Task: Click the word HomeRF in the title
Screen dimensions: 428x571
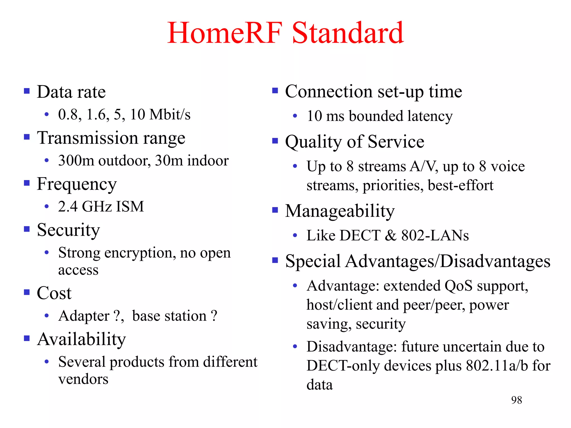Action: pyautogui.click(x=225, y=33)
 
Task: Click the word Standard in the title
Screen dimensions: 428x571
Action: pyautogui.click(x=348, y=33)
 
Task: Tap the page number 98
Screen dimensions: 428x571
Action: pyautogui.click(x=516, y=400)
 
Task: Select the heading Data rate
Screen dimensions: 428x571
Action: pyautogui.click(x=71, y=92)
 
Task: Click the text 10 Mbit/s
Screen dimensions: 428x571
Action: pyautogui.click(x=160, y=115)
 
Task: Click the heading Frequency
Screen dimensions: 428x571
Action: pyautogui.click(x=77, y=184)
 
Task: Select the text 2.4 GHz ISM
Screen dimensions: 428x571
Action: pyautogui.click(x=101, y=206)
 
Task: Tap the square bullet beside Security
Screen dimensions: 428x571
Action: pyautogui.click(x=27, y=229)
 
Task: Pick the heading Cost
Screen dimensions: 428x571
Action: pyautogui.click(x=54, y=293)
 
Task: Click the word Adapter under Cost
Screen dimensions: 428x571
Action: pyautogui.click(x=84, y=316)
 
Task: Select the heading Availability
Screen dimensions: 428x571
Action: pyautogui.click(x=81, y=339)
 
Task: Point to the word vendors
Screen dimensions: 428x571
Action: pyautogui.click(x=83, y=379)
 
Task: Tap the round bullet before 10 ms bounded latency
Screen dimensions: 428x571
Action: pyautogui.click(x=295, y=116)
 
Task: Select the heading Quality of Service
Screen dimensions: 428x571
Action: pyautogui.click(x=354, y=142)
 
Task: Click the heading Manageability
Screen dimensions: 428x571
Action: pyautogui.click(x=340, y=211)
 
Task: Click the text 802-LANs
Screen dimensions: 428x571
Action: pyautogui.click(x=435, y=235)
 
